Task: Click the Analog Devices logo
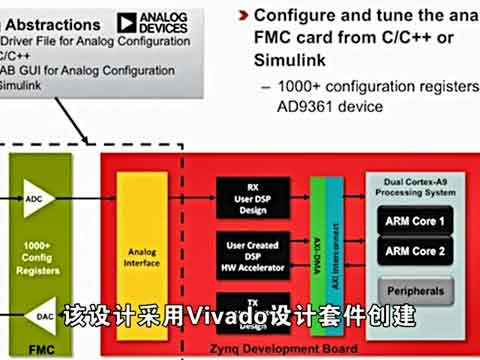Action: (153, 22)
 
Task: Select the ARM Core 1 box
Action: (414, 220)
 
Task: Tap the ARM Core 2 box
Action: (414, 251)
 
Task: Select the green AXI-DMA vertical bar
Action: (318, 254)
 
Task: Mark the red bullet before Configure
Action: (244, 16)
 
